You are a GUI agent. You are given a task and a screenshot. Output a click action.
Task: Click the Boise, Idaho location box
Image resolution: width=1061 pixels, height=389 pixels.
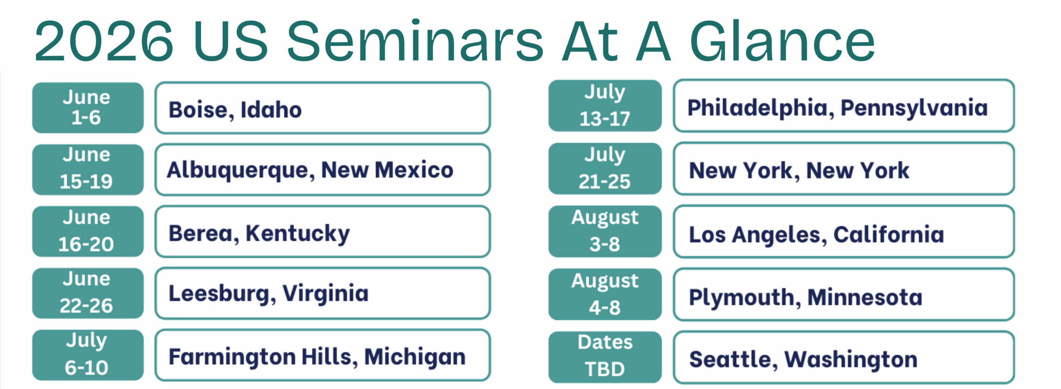pos(322,108)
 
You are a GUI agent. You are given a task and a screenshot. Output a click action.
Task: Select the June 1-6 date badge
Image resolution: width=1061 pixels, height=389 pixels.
pos(88,108)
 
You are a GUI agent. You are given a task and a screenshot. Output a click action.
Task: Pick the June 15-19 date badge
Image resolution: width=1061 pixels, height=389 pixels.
pos(88,170)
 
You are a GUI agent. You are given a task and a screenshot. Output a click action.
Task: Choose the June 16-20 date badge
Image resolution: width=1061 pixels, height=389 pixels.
pos(88,231)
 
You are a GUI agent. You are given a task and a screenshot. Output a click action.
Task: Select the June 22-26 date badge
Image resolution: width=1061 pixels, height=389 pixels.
pos(88,293)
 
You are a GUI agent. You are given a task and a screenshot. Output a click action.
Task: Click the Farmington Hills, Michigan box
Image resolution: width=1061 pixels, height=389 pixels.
pos(322,355)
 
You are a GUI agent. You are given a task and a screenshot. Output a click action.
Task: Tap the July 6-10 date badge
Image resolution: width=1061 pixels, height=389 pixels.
pos(88,355)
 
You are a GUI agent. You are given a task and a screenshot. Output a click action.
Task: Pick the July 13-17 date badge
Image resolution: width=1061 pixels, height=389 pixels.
pos(605,106)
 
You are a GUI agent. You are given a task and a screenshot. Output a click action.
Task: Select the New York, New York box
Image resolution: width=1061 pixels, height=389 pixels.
pos(844,168)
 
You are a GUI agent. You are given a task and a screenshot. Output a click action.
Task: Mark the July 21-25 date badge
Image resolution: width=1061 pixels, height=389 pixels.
pos(605,168)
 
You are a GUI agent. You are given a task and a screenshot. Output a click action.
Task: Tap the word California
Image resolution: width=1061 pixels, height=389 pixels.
pos(889,234)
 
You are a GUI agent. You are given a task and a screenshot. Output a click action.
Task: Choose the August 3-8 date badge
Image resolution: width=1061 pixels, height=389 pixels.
pos(605,231)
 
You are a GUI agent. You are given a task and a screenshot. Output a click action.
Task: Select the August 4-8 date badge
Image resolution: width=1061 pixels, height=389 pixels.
pos(605,294)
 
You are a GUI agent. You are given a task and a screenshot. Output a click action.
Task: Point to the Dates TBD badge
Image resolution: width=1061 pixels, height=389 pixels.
pos(605,357)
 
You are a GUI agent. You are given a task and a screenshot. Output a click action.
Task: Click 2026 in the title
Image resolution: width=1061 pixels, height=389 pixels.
pos(104,42)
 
